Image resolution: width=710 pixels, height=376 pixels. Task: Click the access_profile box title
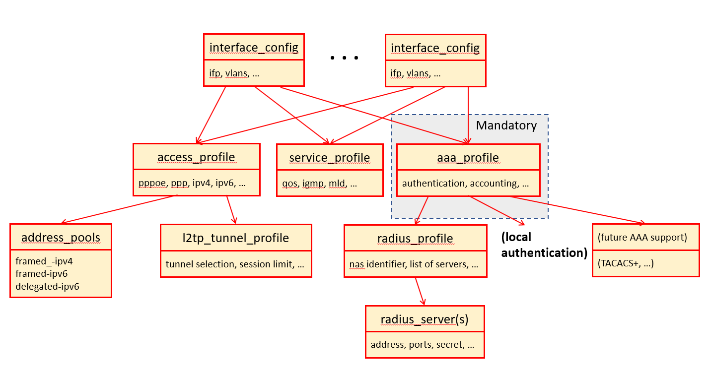196,157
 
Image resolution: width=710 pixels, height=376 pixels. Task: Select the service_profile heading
330,158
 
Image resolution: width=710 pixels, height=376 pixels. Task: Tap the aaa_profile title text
468,158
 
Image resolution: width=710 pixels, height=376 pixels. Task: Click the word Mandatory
506,125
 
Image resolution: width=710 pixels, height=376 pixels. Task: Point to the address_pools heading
61,238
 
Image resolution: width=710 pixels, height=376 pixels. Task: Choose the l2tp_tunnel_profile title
236,238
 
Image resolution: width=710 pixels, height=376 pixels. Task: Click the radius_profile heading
415,239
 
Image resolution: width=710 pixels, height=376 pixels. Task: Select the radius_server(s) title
425,319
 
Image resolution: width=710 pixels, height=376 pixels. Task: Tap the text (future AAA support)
642,237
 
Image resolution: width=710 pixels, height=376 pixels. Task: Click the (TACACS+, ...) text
626,263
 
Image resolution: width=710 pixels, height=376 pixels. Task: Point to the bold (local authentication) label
544,245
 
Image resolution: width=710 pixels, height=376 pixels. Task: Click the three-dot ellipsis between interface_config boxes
344,58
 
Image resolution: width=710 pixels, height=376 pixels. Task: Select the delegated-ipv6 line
47,286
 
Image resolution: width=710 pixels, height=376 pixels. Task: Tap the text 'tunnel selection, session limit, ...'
235,264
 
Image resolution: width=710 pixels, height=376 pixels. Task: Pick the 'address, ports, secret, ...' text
423,345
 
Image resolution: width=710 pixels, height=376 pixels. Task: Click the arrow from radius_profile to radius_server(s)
420,291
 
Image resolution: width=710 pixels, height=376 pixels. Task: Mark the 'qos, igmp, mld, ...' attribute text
319,184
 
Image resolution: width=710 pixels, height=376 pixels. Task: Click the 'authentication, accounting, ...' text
465,184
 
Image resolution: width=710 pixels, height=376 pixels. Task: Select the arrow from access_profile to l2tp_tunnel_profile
231,210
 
